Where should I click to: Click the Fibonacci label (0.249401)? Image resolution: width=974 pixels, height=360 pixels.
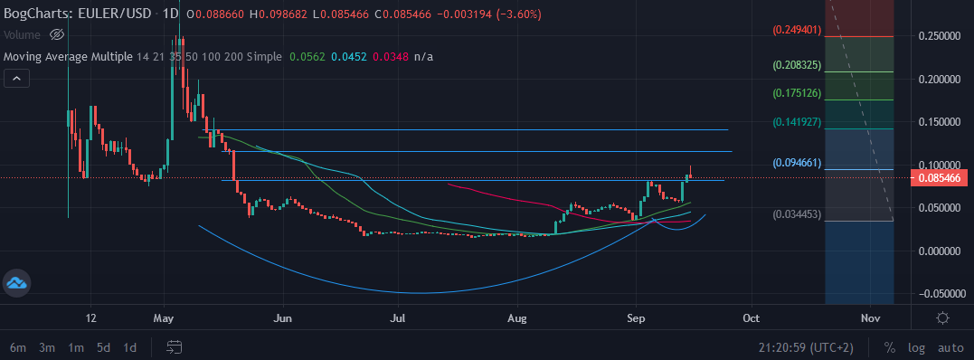(x=797, y=30)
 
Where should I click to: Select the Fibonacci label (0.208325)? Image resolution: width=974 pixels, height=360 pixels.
(x=797, y=65)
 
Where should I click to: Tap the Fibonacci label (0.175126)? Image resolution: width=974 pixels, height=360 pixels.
(x=797, y=93)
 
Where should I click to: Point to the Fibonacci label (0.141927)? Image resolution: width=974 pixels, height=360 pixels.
(x=797, y=122)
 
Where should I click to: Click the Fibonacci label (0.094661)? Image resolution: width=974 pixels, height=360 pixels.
(x=797, y=164)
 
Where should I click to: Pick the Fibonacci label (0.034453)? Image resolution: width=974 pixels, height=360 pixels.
(x=797, y=214)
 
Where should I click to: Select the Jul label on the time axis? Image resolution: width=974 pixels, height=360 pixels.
(x=397, y=318)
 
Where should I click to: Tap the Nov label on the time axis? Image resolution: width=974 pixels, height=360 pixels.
(x=870, y=318)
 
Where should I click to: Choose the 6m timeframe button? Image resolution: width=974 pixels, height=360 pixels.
(x=18, y=347)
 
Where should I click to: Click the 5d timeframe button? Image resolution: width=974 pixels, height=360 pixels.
(x=104, y=347)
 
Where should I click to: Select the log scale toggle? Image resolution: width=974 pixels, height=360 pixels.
(x=916, y=347)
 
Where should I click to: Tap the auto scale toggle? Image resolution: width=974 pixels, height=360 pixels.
(x=950, y=347)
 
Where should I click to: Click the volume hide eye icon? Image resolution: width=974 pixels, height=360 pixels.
(x=56, y=34)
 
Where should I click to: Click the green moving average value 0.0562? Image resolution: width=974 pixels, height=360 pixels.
(x=306, y=57)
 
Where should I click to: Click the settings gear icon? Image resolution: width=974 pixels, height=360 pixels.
(x=942, y=317)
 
